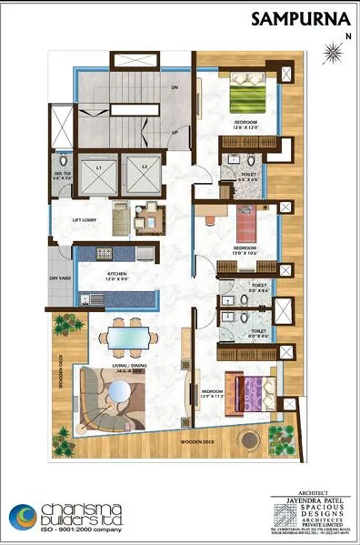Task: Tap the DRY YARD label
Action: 61,278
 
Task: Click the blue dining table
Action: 126,335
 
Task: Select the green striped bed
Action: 245,97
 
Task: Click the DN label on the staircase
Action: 174,87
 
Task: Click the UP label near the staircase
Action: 174,131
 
